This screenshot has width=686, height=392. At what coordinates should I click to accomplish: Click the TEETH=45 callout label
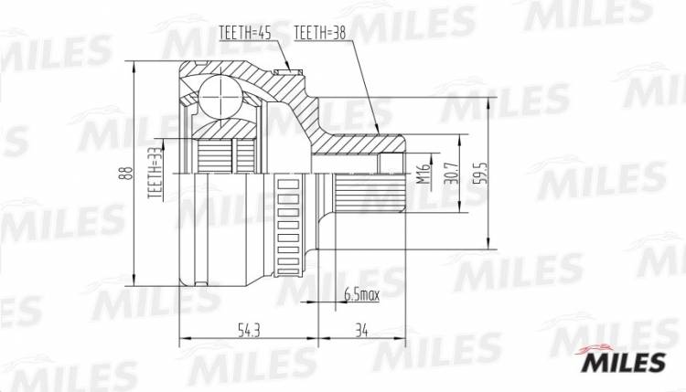pos(243,34)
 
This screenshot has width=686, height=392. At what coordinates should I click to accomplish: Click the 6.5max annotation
pos(360,295)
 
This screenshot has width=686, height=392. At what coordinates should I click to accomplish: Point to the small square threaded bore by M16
pos(391,164)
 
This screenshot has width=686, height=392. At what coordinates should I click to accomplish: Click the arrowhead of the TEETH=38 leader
pos(377,129)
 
